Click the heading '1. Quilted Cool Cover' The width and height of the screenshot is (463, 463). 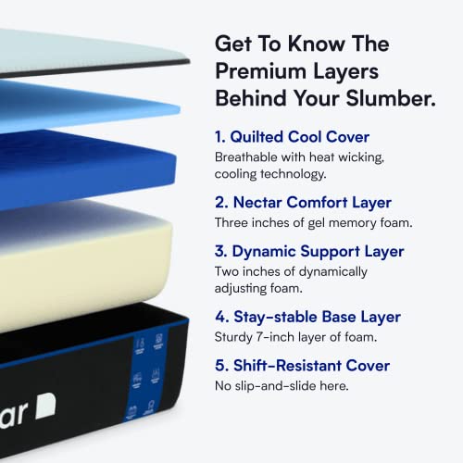click(292, 137)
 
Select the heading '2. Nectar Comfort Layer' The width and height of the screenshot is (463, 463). click(302, 203)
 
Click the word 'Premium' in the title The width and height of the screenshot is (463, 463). click(258, 70)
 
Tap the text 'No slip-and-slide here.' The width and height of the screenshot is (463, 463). click(282, 385)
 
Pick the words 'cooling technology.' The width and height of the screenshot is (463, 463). click(269, 174)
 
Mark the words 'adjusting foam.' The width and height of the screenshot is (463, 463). click(260, 288)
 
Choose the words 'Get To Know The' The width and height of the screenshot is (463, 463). click(302, 44)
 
